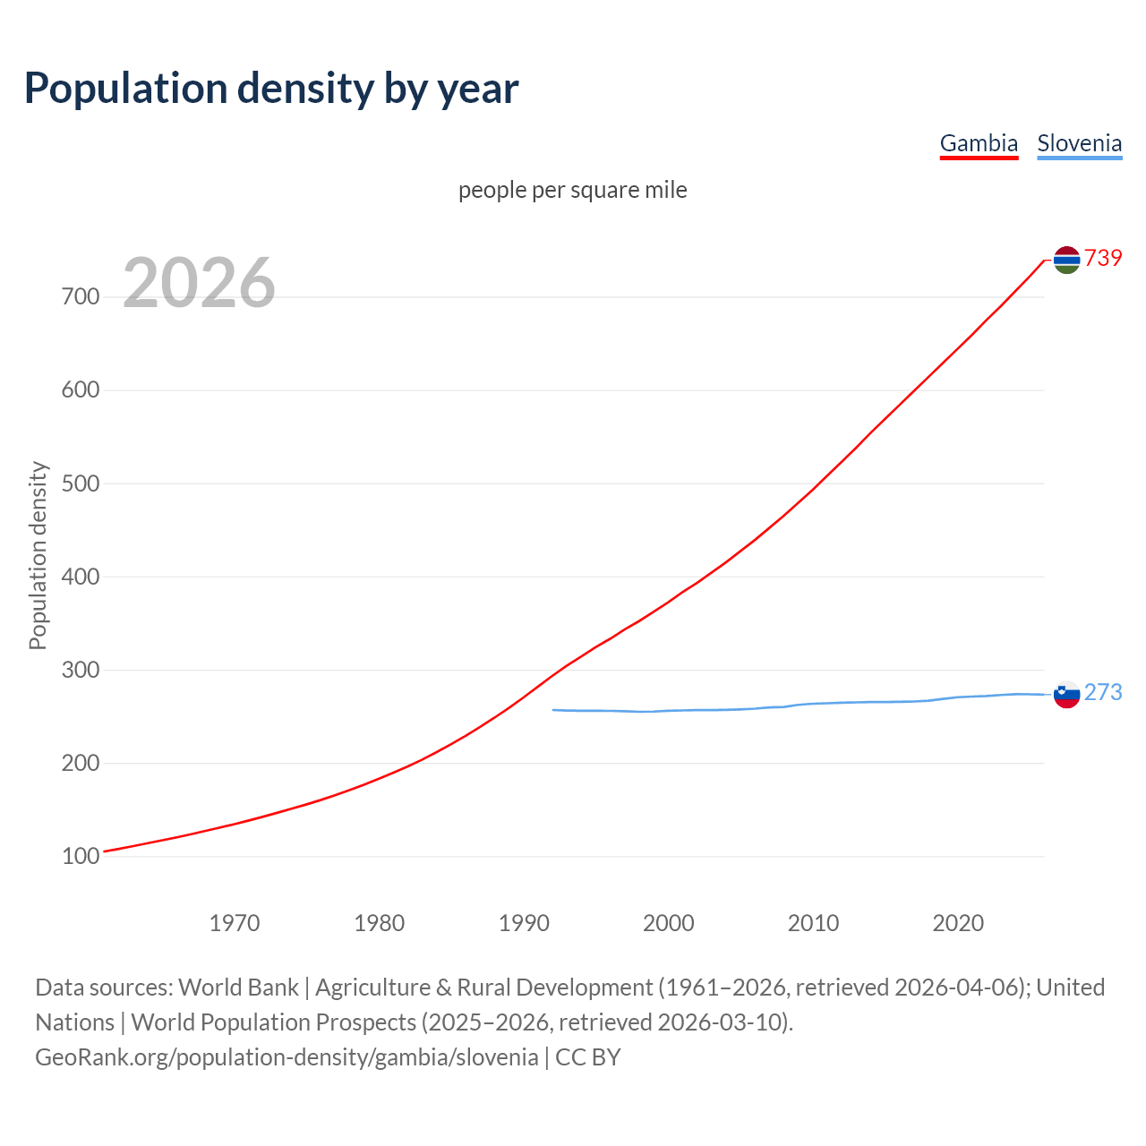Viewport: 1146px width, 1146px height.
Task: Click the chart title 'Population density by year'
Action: (271, 88)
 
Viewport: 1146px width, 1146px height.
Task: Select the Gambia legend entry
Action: (979, 143)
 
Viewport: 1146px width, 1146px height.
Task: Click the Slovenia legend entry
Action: (1079, 143)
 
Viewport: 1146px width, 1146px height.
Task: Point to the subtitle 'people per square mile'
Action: (572, 190)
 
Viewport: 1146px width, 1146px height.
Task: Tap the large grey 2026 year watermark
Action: (199, 283)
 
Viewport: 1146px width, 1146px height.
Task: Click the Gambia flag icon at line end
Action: (1066, 260)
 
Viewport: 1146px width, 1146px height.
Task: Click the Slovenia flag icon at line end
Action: (1066, 694)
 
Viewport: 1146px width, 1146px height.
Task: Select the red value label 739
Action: (1103, 258)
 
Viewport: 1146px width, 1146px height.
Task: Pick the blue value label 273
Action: (1103, 692)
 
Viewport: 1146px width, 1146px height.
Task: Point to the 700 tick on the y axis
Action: (81, 296)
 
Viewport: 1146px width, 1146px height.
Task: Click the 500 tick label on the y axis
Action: (81, 483)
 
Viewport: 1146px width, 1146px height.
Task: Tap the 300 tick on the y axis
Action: (81, 670)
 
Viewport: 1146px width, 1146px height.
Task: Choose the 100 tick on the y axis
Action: (81, 857)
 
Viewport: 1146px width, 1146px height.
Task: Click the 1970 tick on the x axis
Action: (235, 923)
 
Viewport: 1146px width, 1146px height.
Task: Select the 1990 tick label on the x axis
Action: (524, 923)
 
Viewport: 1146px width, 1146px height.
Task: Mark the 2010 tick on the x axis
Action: (813, 923)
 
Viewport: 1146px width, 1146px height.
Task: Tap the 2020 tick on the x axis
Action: (958, 923)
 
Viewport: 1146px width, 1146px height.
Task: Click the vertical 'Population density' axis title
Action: (38, 555)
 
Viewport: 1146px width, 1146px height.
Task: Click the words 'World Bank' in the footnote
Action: (238, 988)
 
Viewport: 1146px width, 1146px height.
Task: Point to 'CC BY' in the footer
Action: (587, 1057)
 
